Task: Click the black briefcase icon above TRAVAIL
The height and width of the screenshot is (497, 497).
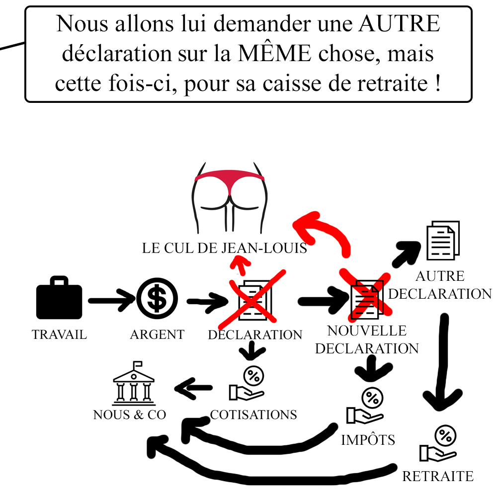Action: [59, 298]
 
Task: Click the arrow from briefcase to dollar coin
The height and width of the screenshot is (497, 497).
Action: [111, 300]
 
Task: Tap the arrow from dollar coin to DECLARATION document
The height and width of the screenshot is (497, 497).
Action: [206, 300]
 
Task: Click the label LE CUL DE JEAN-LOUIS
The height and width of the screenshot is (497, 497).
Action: [224, 248]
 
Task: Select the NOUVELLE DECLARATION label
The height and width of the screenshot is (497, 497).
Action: [367, 339]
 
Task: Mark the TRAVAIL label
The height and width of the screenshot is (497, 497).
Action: [59, 334]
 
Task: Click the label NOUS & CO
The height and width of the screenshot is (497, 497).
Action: [130, 414]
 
